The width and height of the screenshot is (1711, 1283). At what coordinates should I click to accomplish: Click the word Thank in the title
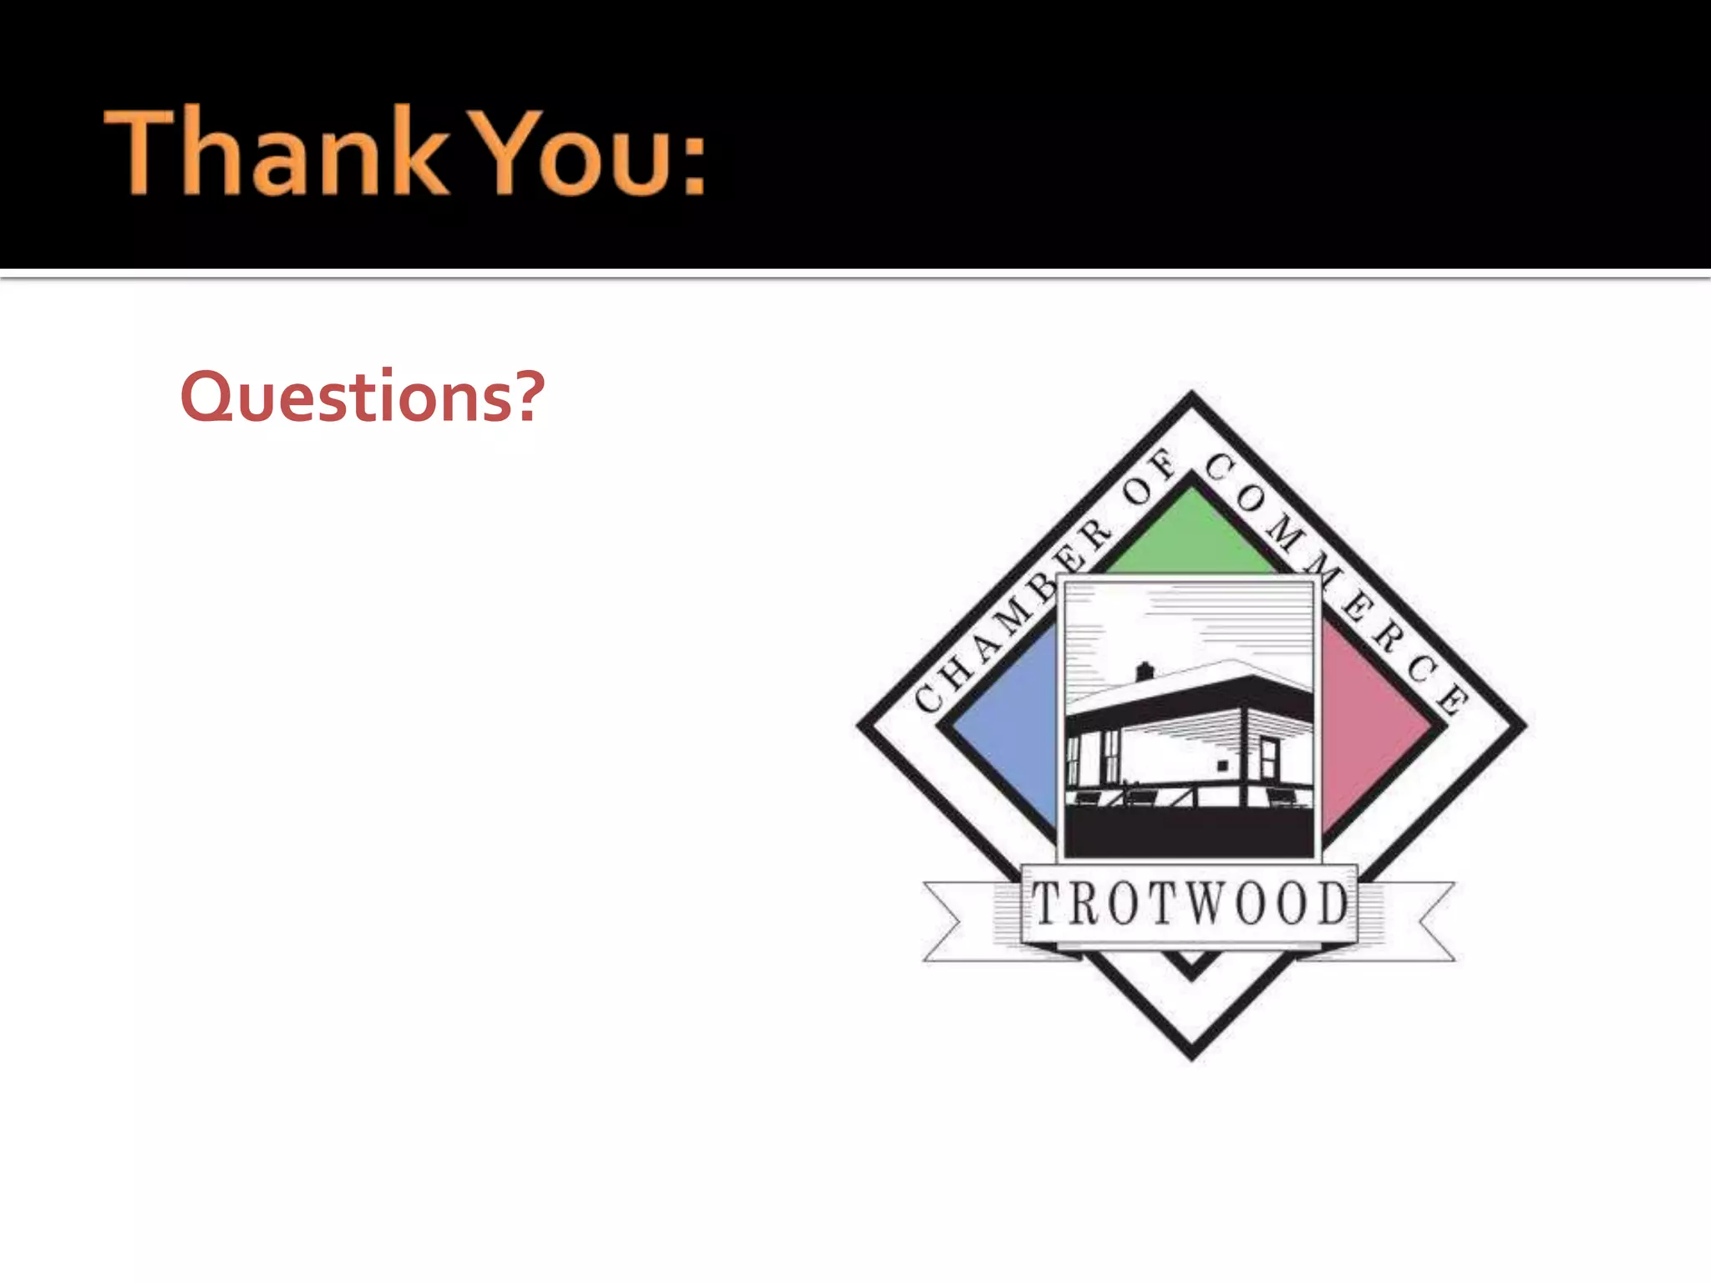(x=276, y=152)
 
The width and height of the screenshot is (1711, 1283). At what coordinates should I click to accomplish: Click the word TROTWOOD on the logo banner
(x=1191, y=904)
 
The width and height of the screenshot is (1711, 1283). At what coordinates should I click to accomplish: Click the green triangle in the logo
(x=1192, y=535)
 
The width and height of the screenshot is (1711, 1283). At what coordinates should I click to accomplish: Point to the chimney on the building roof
(x=1145, y=671)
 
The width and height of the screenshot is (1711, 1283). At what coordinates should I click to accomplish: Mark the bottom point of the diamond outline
(x=1192, y=1054)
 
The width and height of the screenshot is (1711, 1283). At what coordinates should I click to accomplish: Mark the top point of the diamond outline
(x=1192, y=397)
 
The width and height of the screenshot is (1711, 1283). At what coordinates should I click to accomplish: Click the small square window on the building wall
(x=1222, y=765)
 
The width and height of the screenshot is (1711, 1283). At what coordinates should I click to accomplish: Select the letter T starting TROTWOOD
(x=1045, y=904)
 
